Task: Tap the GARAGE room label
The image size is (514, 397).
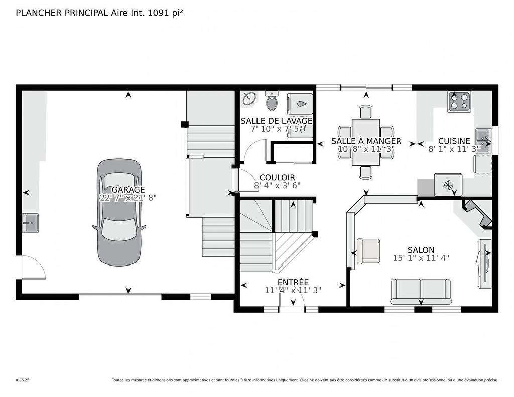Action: click(x=128, y=190)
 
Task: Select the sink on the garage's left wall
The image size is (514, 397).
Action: click(x=30, y=223)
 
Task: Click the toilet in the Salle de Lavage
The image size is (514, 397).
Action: click(x=272, y=102)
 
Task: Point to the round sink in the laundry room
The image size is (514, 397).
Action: click(x=249, y=99)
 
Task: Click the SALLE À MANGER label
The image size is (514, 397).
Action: click(x=366, y=141)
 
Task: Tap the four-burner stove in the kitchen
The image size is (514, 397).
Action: click(x=459, y=102)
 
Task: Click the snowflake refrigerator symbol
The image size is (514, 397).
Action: click(x=448, y=185)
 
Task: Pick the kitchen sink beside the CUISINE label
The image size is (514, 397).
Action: click(x=482, y=137)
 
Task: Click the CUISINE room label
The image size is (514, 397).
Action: click(x=454, y=141)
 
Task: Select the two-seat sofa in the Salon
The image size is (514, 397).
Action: click(x=421, y=291)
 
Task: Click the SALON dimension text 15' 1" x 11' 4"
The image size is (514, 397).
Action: click(x=421, y=258)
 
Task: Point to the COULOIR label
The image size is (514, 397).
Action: click(x=277, y=178)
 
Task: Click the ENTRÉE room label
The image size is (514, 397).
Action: click(x=293, y=282)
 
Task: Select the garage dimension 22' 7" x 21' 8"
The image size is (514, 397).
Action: click(x=128, y=198)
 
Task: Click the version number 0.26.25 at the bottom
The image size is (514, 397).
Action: click(x=23, y=380)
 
